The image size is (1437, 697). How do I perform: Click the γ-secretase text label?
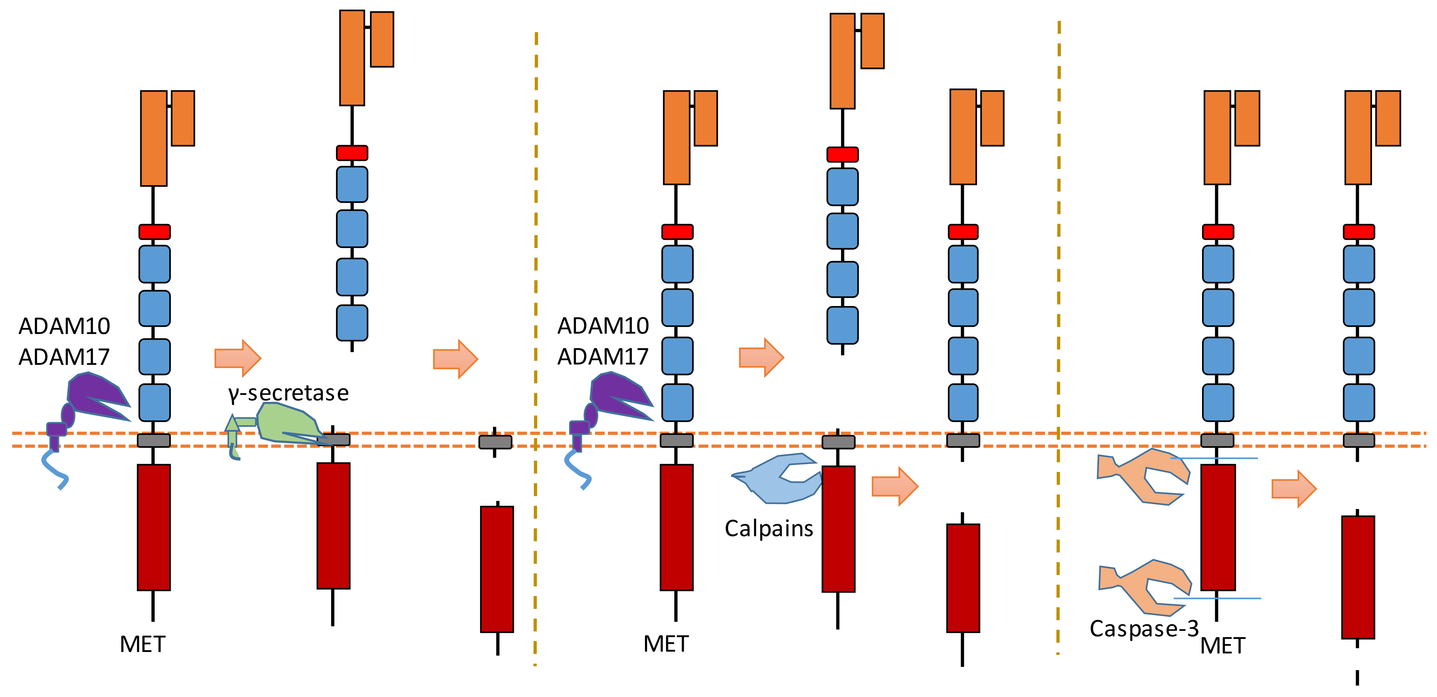[x=288, y=394]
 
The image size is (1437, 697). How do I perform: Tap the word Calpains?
[x=769, y=529]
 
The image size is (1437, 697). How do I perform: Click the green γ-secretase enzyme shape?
[x=284, y=424]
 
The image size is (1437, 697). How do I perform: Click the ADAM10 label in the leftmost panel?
[x=64, y=326]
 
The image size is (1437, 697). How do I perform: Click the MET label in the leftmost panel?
[x=142, y=645]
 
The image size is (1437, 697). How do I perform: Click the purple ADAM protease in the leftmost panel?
[x=95, y=396]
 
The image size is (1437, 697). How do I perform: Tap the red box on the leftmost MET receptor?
[x=155, y=231]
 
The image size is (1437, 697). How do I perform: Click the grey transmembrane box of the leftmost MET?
[x=153, y=440]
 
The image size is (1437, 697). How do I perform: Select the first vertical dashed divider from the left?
[x=536, y=346]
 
